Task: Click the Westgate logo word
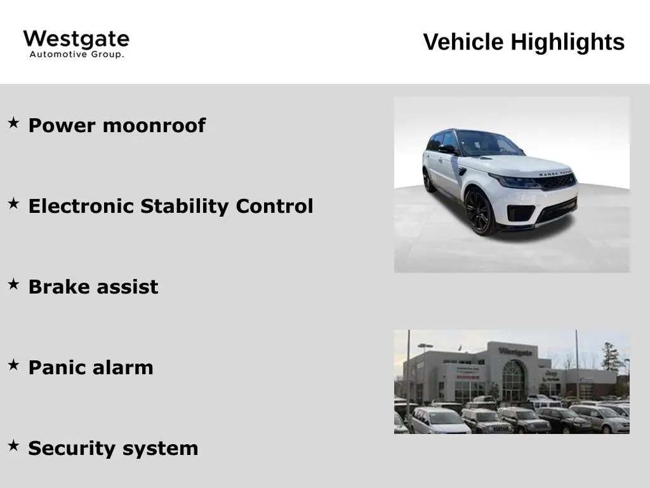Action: pos(76,39)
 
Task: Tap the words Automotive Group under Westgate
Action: pos(76,55)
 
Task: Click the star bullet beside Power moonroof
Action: pos(13,123)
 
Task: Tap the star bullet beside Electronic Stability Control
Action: pos(13,203)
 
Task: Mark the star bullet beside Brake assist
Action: pos(13,284)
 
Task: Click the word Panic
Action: pos(59,367)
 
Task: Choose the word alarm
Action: pos(124,367)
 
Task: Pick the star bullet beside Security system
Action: pos(13,446)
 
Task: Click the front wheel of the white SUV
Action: pos(478,211)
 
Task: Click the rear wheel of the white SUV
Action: pos(429,180)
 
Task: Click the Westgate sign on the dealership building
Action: pos(515,351)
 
